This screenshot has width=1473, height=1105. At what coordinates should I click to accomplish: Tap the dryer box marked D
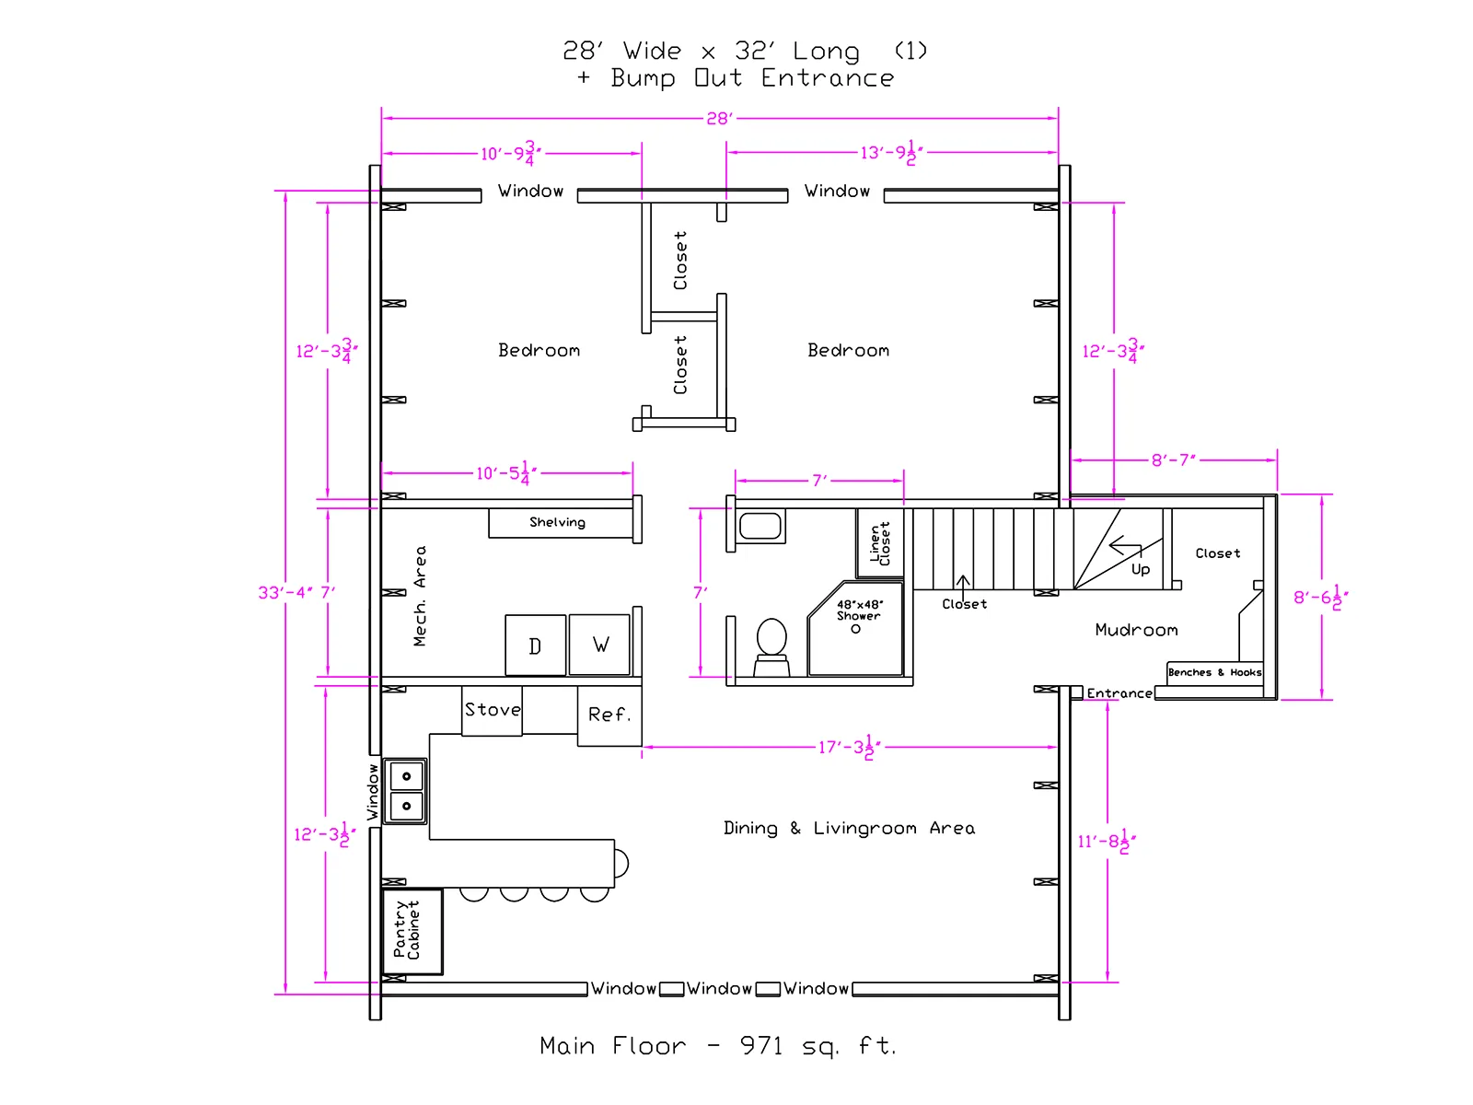(x=535, y=645)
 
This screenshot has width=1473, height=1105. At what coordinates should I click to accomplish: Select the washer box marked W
(x=600, y=644)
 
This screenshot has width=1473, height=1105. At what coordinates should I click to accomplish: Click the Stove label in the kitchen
(x=493, y=709)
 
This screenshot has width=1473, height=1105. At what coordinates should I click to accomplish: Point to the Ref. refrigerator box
(x=609, y=715)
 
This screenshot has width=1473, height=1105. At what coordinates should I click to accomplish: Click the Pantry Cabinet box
(x=412, y=931)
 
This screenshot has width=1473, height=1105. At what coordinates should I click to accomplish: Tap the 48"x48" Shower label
(x=859, y=610)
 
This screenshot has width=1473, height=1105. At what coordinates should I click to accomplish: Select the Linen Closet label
(x=879, y=543)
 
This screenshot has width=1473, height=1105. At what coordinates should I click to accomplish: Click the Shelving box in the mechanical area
(x=561, y=523)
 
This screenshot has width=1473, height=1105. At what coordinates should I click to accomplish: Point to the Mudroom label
(x=1136, y=630)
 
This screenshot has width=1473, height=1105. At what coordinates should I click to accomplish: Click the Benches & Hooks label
(x=1214, y=672)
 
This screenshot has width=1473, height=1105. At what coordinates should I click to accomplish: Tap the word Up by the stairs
(x=1140, y=570)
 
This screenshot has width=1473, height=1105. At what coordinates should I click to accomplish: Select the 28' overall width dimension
(x=719, y=119)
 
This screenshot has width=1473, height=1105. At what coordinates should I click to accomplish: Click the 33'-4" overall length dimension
(x=285, y=592)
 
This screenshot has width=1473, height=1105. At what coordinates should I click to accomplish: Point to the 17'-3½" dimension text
(x=849, y=747)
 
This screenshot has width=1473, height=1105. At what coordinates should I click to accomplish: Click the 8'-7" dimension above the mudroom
(x=1174, y=460)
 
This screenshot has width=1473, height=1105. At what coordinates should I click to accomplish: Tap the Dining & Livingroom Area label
(x=849, y=829)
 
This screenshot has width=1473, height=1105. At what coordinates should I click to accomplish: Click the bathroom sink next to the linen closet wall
(x=760, y=526)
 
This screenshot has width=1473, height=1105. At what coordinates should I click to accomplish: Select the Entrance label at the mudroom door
(x=1119, y=693)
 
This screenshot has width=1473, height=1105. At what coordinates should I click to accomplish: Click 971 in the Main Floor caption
(x=761, y=1046)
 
